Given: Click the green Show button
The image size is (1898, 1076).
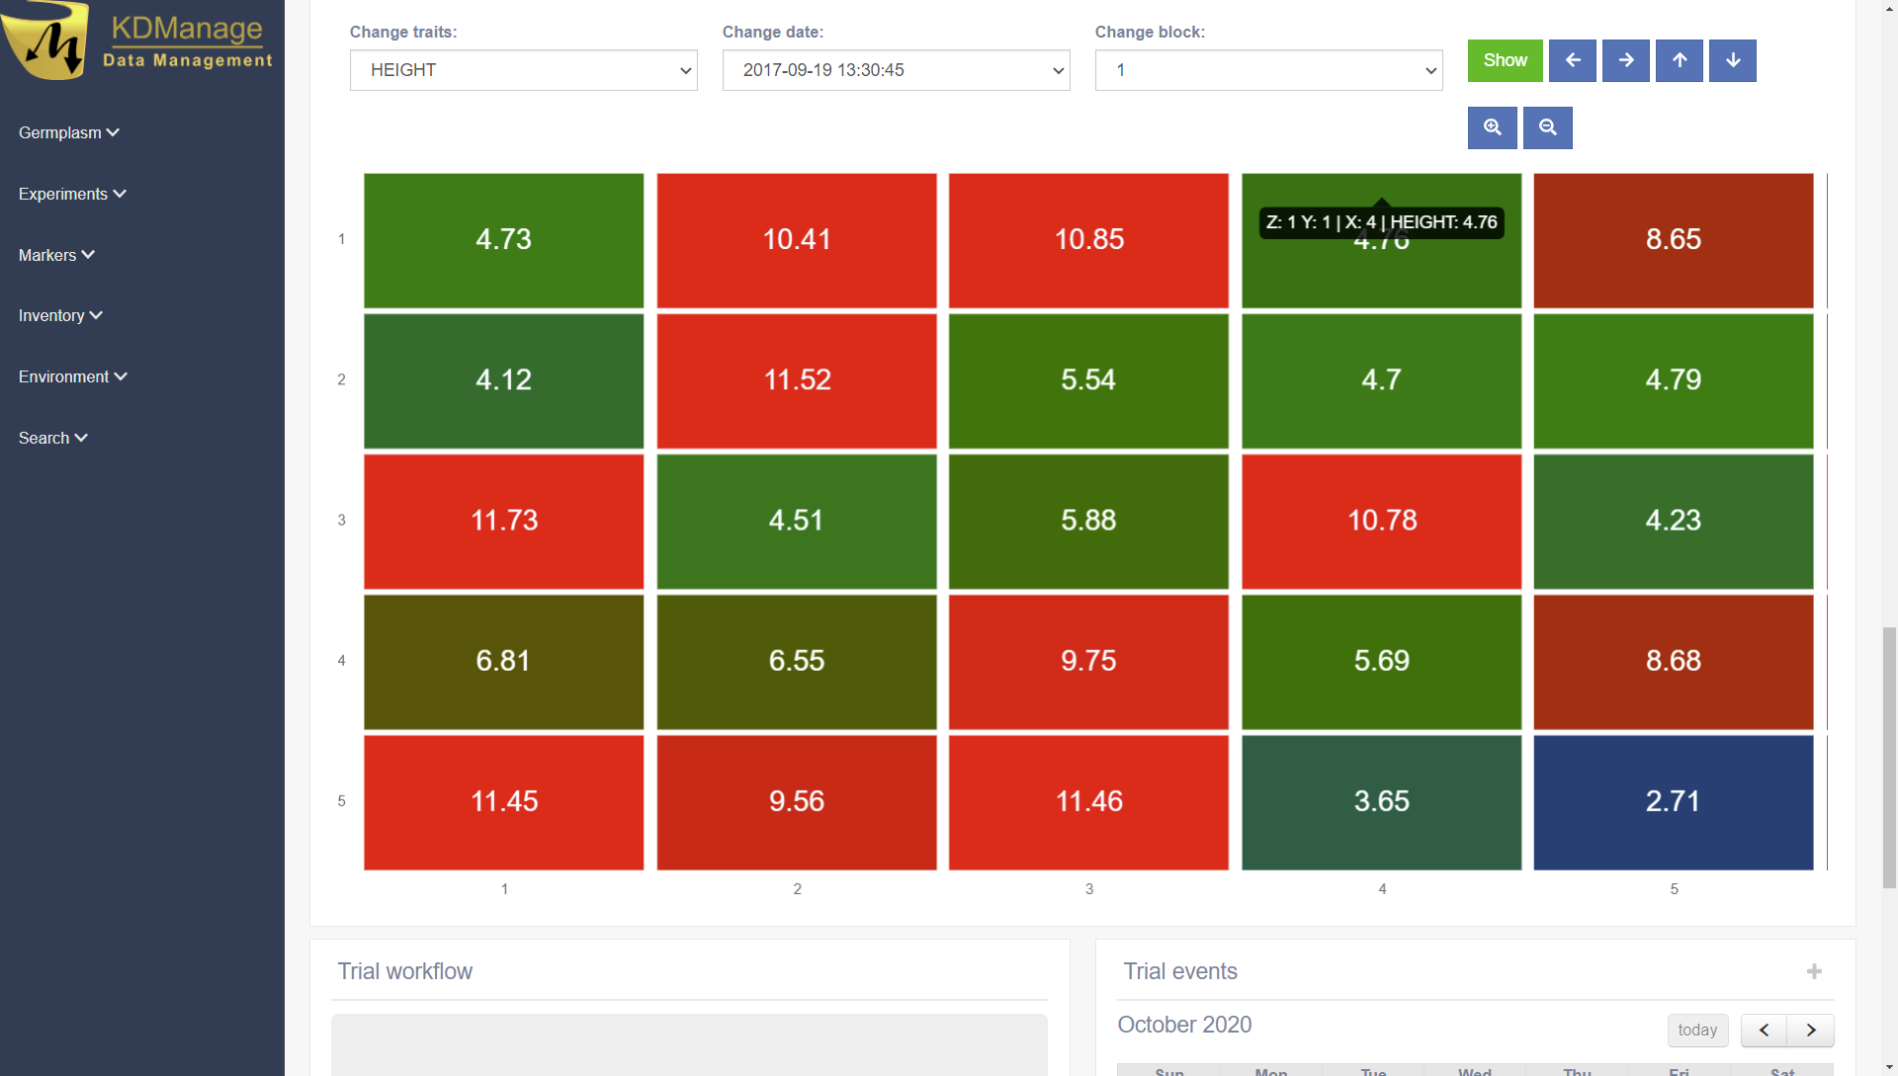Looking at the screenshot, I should [1505, 60].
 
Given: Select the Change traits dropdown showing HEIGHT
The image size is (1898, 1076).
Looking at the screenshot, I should [523, 70].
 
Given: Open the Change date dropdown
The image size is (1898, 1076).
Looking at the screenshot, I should [896, 70].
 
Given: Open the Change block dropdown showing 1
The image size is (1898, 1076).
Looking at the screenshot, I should [1268, 70].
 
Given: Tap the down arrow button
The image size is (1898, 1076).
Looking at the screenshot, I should [1732, 60].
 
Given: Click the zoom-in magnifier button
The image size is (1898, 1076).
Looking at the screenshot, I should [1492, 127].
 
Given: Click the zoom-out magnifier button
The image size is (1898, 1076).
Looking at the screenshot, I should [1547, 127].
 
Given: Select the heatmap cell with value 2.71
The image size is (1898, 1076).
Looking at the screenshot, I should [1673, 801].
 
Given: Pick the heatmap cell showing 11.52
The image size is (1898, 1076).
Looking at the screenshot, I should [797, 380].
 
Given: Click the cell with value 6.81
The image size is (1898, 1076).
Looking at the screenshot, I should [503, 661].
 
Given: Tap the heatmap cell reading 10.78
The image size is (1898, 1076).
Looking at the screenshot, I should [1381, 521].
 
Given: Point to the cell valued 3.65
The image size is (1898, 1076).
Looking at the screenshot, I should [1381, 801].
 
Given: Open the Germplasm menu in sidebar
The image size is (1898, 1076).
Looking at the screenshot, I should [68, 132].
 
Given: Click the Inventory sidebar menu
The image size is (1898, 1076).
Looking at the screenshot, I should [60, 315].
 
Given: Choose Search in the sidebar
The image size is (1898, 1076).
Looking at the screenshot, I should [52, 438].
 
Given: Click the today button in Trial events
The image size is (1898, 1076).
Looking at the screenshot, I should [1696, 1030].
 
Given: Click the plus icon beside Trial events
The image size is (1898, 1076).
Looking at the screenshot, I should [1814, 971].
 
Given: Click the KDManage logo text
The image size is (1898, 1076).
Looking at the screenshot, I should [187, 30].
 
